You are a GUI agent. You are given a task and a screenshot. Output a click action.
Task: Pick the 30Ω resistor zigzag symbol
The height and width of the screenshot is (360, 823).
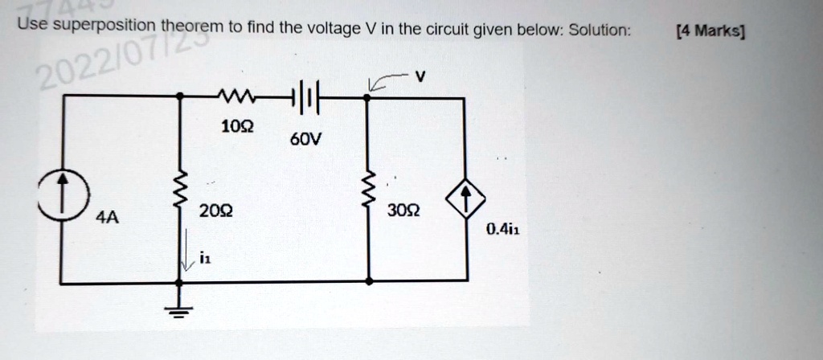coord(369,193)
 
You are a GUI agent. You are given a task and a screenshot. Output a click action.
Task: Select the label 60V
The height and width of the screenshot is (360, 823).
coord(304,141)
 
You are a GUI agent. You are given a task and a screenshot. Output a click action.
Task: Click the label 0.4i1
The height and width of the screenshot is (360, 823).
coord(502,230)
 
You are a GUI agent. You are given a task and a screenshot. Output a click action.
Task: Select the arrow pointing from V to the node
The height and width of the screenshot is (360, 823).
coord(384,80)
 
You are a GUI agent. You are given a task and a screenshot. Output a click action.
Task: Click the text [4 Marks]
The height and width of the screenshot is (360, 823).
coord(710,32)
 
